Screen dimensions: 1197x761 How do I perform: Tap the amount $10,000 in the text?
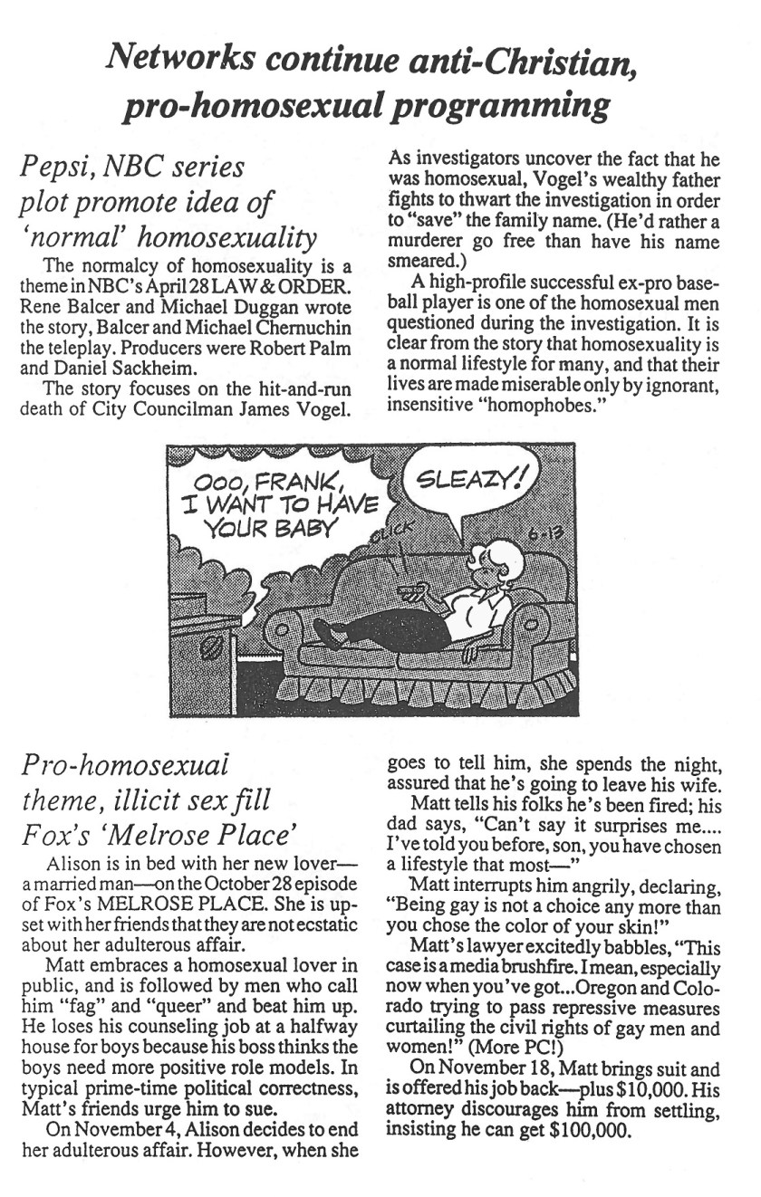[x=640, y=1092]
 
